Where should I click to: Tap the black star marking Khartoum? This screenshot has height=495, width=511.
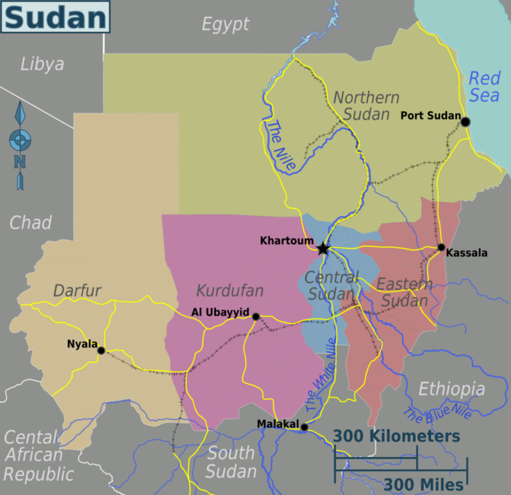pyautogui.click(x=323, y=248)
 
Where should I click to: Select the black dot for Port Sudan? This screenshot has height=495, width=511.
pyautogui.click(x=465, y=121)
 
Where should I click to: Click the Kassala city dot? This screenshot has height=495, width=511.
pyautogui.click(x=441, y=247)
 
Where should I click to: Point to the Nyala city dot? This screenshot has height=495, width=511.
pyautogui.click(x=101, y=350)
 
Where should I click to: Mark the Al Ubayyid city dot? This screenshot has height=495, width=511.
pyautogui.click(x=255, y=316)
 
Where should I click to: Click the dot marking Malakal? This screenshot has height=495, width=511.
pyautogui.click(x=304, y=428)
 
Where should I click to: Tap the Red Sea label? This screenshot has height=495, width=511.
pyautogui.click(x=484, y=87)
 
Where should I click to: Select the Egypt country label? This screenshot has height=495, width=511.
pyautogui.click(x=226, y=25)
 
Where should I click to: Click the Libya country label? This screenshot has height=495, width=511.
pyautogui.click(x=43, y=64)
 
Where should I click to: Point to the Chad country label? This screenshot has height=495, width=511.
pyautogui.click(x=31, y=222)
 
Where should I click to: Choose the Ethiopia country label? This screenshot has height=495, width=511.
pyautogui.click(x=452, y=388)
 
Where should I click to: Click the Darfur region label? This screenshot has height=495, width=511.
pyautogui.click(x=77, y=290)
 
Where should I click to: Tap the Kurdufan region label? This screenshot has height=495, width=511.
pyautogui.click(x=230, y=290)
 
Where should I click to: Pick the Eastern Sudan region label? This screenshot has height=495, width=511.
pyautogui.click(x=404, y=292)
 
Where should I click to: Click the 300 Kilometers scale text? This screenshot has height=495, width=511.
pyautogui.click(x=397, y=436)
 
